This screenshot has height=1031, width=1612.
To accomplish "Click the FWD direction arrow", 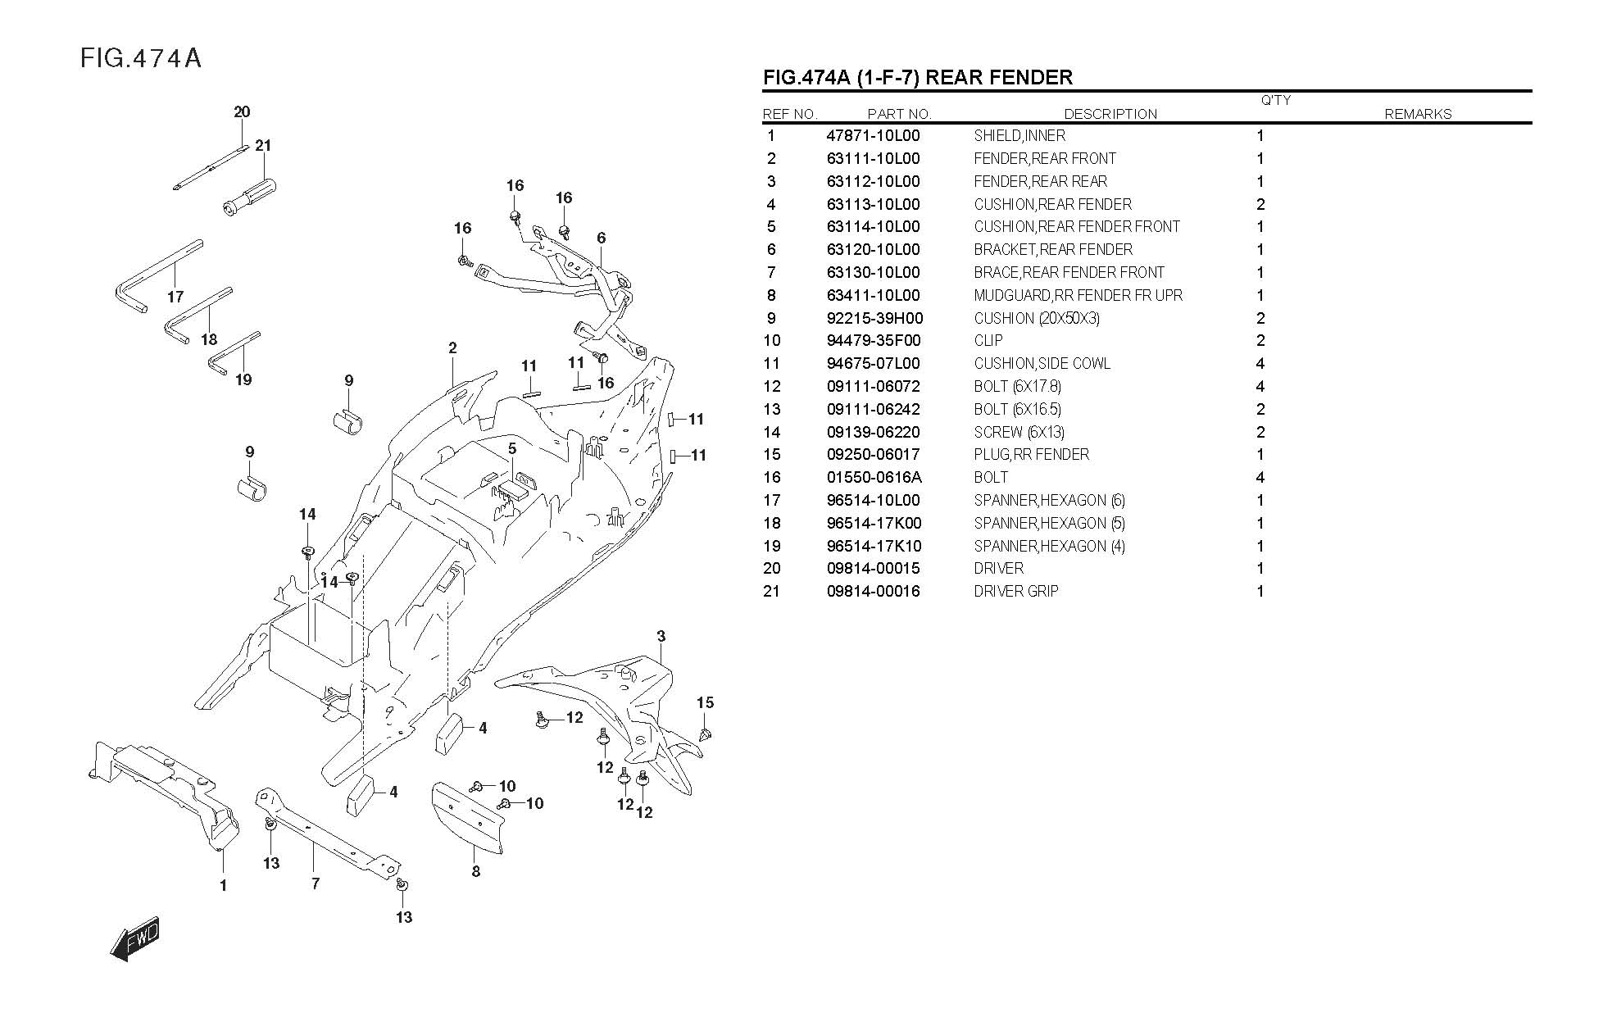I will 135,939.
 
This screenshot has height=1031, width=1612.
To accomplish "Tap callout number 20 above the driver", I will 242,112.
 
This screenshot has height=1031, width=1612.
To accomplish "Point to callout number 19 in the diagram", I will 243,379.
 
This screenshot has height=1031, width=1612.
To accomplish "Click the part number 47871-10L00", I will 873,136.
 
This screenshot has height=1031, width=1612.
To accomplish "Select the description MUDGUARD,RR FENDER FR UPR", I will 1078,296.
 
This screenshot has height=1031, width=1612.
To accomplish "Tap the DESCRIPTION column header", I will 1110,114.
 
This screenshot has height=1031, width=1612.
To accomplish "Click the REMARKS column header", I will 1418,114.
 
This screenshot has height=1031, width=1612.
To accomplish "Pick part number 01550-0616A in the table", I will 874,478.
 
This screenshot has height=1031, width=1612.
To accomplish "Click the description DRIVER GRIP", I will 1016,592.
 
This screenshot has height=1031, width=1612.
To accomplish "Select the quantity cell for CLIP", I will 1260,341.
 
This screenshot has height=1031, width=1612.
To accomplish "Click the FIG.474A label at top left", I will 141,59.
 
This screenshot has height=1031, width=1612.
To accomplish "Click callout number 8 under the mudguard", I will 476,872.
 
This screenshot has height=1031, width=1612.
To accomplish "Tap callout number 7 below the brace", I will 316,883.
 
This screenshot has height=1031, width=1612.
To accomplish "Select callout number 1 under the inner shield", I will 223,886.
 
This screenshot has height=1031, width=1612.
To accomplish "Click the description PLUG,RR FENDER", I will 1032,455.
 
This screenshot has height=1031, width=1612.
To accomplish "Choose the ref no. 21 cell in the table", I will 771,592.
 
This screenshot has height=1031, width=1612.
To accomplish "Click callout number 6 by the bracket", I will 602,238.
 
